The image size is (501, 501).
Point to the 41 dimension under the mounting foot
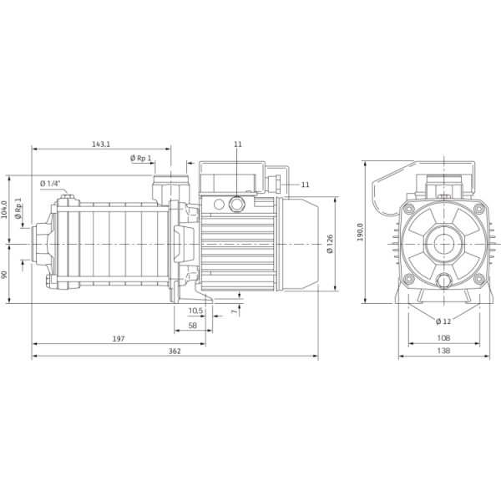click(191, 324)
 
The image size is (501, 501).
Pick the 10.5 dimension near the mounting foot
click(194, 311)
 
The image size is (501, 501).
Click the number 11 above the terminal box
click(238, 144)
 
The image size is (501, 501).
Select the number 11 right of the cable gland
click(304, 184)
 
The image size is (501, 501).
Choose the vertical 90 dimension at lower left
click(4, 273)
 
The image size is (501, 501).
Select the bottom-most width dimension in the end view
click(443, 352)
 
